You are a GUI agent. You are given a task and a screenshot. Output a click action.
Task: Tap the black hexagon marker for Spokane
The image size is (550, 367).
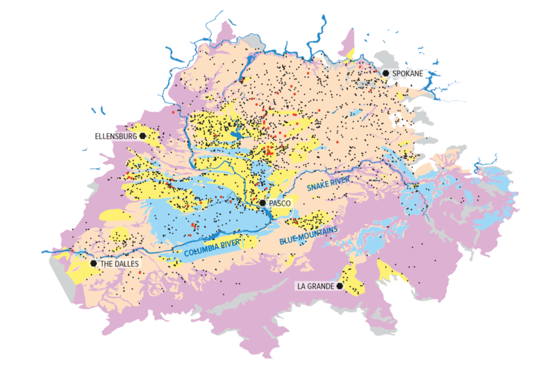pos(385,73)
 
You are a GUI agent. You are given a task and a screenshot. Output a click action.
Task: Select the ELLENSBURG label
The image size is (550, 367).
pos(115,136)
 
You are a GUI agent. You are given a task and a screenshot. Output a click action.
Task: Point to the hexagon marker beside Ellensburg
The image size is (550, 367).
pos(143,136)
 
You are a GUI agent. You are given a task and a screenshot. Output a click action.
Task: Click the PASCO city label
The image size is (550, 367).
pos(279,203)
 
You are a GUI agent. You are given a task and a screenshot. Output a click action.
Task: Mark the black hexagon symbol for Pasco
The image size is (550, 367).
pos(262,203)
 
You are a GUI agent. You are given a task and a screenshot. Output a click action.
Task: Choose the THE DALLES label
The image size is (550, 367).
pos(122,264)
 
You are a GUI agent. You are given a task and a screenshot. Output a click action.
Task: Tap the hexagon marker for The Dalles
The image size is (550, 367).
pos(94,264)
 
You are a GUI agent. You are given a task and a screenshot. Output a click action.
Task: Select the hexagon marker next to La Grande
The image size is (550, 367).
pos(340,286)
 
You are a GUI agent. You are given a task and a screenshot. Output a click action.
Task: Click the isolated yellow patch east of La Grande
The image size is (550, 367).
pos(389,270)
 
